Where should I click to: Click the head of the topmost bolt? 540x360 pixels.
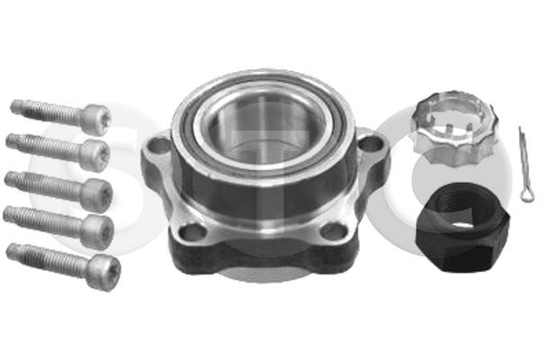click(x=96, y=120)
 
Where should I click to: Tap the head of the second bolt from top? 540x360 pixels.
click(x=94, y=155)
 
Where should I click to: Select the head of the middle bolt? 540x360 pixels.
click(x=97, y=194)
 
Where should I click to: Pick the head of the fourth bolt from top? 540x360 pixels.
click(x=98, y=230)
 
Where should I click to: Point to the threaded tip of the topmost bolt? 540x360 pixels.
click(x=14, y=106)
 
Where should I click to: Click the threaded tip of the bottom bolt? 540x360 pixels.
click(x=11, y=251)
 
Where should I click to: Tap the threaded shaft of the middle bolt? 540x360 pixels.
click(x=45, y=186)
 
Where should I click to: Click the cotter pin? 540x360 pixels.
click(x=526, y=165)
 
